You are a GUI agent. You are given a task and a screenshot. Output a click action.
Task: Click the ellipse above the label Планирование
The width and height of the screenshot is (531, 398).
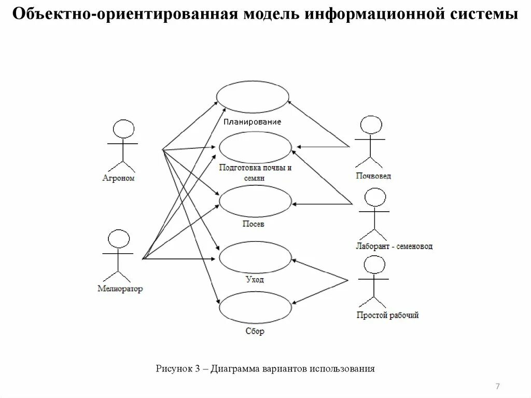[253, 96]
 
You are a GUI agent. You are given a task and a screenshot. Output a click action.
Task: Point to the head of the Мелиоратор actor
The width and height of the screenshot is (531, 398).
[119, 239]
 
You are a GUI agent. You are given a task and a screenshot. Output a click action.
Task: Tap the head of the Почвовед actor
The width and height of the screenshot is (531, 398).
[371, 126]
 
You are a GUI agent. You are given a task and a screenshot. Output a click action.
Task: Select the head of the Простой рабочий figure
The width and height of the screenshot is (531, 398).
[374, 265]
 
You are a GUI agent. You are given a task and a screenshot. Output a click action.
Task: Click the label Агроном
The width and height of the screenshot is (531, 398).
[118, 178]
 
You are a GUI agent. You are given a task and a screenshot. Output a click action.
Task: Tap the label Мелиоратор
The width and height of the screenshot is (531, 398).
[120, 289]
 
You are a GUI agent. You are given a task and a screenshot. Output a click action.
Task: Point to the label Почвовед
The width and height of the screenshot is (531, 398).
[373, 176]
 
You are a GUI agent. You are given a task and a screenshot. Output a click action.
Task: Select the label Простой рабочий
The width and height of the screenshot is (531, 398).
[387, 315]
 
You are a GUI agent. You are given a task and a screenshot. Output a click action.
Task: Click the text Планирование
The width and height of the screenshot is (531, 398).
[253, 122]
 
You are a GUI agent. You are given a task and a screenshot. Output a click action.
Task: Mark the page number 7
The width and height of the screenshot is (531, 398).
[497, 387]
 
